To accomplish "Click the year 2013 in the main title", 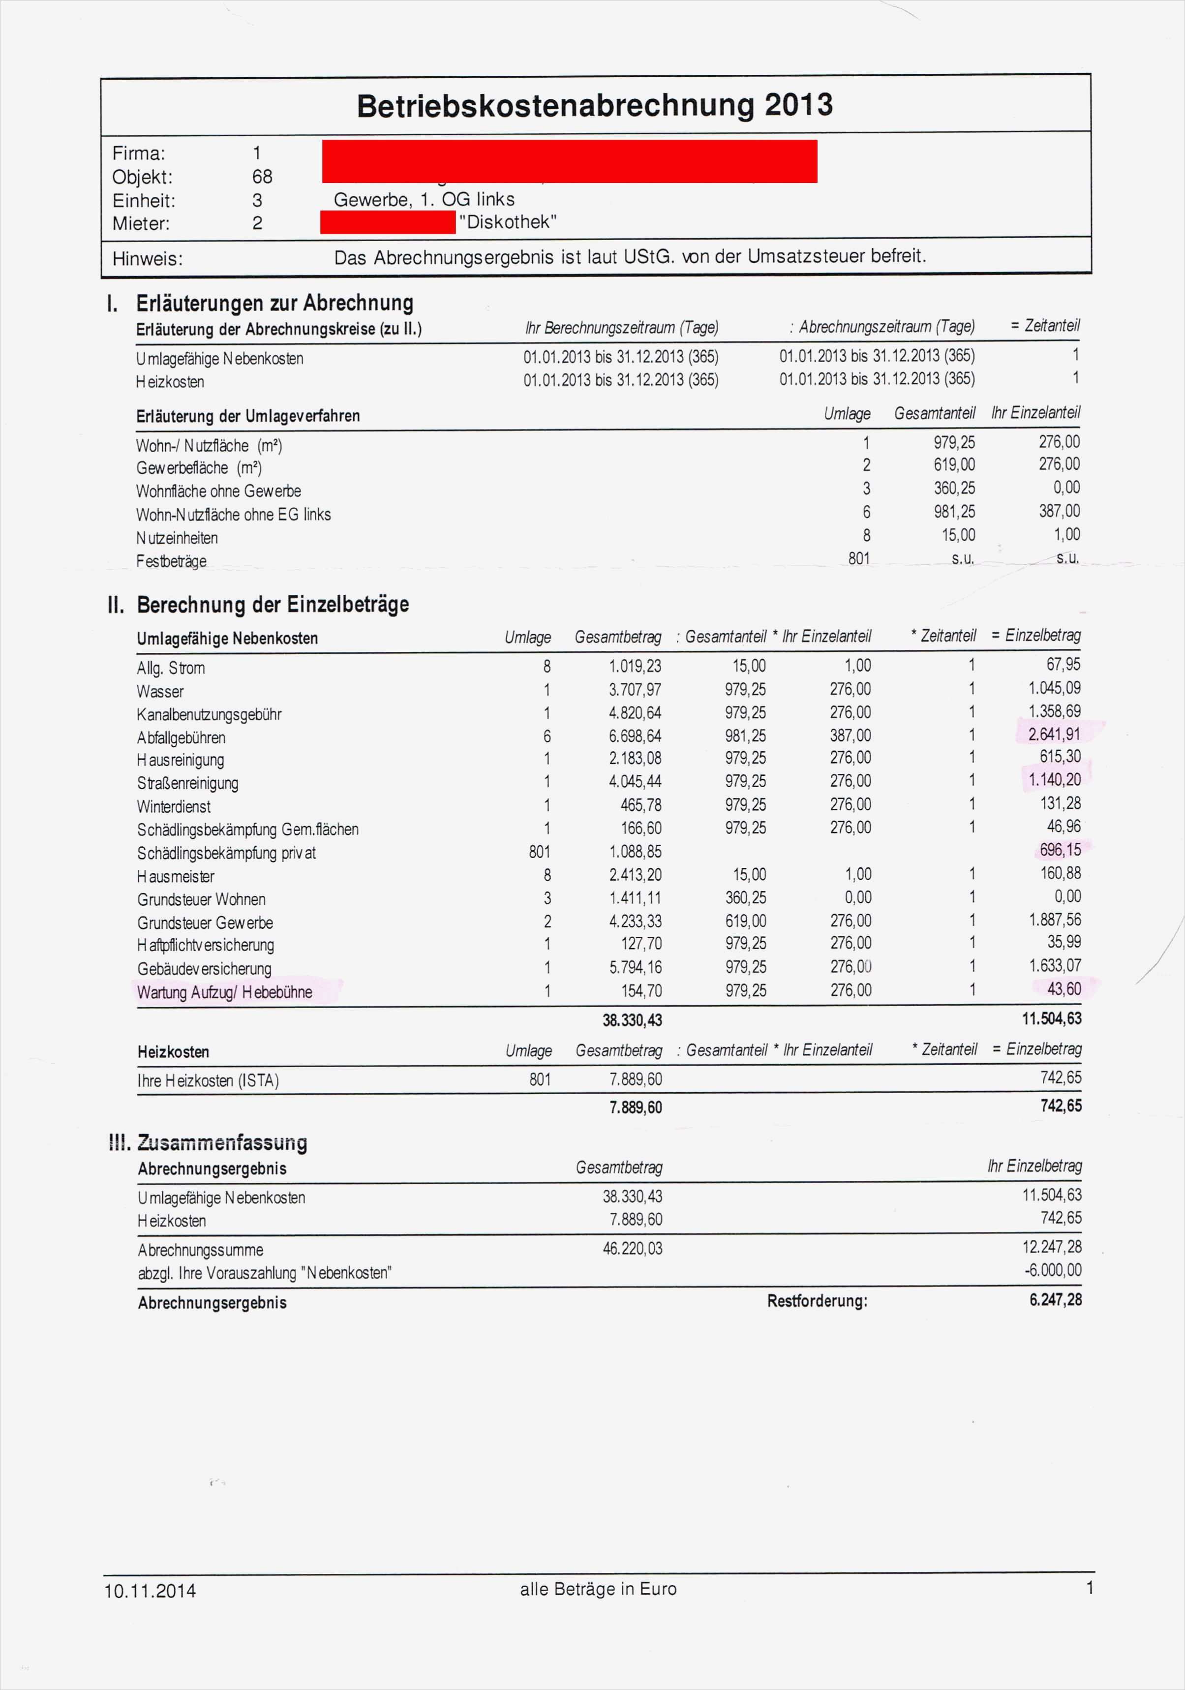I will [798, 105].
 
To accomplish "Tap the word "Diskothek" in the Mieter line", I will [508, 222].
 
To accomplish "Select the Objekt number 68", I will [262, 177].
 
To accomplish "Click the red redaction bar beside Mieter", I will [388, 222].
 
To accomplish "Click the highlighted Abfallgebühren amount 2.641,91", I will [1055, 734].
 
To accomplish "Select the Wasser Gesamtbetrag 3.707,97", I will [635, 690].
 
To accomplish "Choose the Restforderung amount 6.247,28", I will [1056, 1300].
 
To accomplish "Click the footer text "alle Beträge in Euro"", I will [598, 1589].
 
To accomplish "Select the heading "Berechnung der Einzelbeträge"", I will [273, 605].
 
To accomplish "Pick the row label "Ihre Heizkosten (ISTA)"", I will [208, 1080].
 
